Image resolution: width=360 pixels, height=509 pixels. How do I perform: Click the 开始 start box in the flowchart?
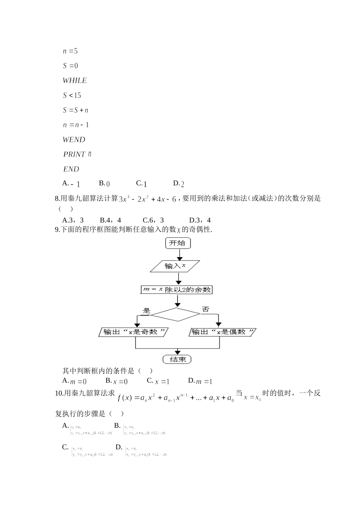(x=178, y=243)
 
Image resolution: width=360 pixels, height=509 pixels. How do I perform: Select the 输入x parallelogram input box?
(x=175, y=266)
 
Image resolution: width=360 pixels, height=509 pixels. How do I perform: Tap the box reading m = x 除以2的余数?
(x=177, y=290)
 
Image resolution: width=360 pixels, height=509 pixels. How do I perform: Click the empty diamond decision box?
(x=175, y=314)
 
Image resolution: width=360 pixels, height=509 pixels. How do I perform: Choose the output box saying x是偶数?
(x=222, y=332)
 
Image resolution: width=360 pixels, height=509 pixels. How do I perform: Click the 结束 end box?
(x=177, y=359)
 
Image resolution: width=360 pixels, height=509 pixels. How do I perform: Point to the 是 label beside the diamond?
(x=146, y=311)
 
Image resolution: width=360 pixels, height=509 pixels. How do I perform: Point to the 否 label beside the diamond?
(x=205, y=309)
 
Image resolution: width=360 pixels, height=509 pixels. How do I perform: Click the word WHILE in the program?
(x=75, y=80)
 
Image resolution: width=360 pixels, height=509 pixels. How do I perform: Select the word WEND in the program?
(x=74, y=140)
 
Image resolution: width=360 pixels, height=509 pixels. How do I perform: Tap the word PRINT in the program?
(x=74, y=154)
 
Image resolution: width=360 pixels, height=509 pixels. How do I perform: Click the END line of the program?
(x=71, y=169)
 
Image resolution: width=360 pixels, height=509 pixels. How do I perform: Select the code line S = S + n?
(x=75, y=110)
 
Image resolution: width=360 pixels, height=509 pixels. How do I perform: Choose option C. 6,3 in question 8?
(x=153, y=220)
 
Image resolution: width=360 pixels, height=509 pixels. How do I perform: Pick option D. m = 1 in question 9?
(x=200, y=381)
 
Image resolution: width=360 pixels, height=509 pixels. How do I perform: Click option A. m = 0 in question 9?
(x=74, y=381)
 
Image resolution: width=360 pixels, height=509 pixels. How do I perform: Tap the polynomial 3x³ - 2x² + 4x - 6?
(x=147, y=199)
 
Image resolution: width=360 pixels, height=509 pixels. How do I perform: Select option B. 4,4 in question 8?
(x=110, y=220)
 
